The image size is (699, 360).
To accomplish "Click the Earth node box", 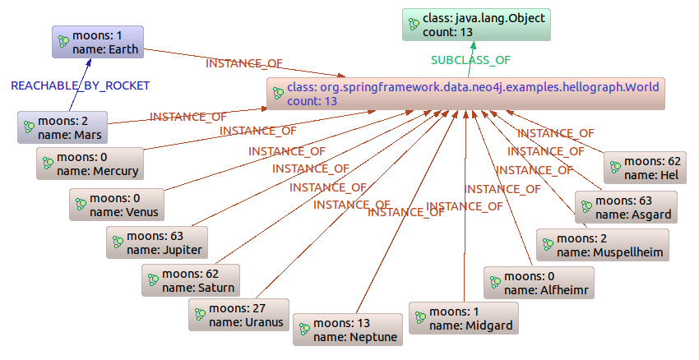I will pyautogui.click(x=98, y=42).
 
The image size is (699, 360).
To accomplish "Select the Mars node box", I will pyautogui.click(x=63, y=127).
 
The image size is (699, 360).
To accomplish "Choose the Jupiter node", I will pyautogui.click(x=155, y=242).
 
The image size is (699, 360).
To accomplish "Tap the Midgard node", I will pyautogui.click(x=464, y=318).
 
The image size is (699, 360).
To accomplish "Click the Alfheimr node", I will pyautogui.click(x=538, y=283).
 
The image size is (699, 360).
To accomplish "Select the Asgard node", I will pyautogui.click(x=626, y=207).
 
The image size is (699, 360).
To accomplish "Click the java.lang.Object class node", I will pyautogui.click(x=476, y=25).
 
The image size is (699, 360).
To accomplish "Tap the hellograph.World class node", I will pyautogui.click(x=465, y=94).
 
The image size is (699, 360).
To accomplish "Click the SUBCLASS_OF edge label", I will pyautogui.click(x=470, y=60).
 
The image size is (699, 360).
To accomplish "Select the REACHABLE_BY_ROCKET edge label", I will pyautogui.click(x=80, y=85).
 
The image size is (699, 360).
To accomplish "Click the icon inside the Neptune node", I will pyautogui.click(x=304, y=330).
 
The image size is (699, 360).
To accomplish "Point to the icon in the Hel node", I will pyautogui.click(x=614, y=168).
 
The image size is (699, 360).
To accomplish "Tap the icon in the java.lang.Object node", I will pyautogui.click(x=415, y=25).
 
